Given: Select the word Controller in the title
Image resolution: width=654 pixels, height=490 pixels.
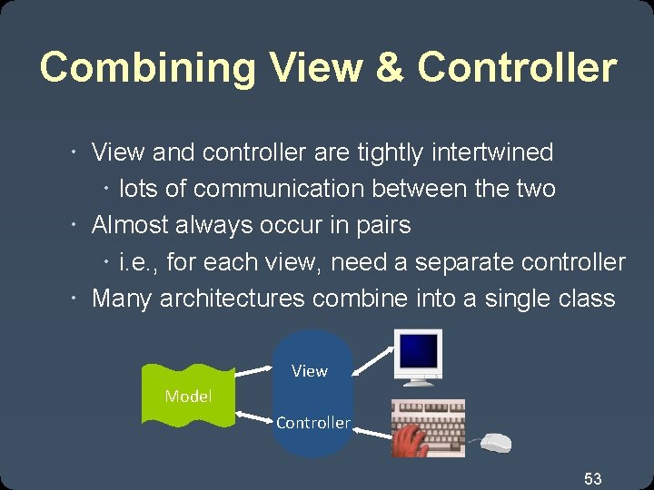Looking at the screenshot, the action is point(517,68).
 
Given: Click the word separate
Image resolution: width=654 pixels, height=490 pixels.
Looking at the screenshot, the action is point(466,262).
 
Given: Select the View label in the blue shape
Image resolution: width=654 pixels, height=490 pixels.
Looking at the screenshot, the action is point(310,370).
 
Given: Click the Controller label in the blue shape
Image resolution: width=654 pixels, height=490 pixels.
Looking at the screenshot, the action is point(312,423).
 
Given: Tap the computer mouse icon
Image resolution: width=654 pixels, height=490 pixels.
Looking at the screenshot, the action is point(495,443).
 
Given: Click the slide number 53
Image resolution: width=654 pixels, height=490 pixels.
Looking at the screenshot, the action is point(593,478).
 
